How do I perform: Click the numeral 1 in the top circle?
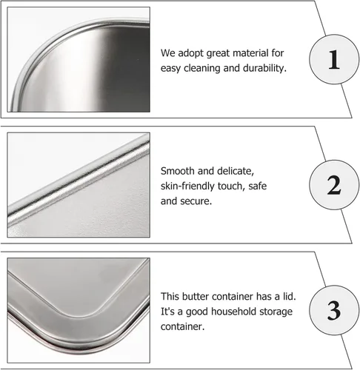click(x=334, y=59)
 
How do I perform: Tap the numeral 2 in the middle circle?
click(x=334, y=185)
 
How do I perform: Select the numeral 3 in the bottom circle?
click(x=334, y=311)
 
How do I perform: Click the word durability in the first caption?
click(x=264, y=68)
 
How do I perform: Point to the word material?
click(x=250, y=53)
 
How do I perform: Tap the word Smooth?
click(x=177, y=171)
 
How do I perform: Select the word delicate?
click(x=236, y=171)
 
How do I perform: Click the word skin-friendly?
click(x=187, y=186)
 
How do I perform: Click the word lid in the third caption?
click(x=289, y=296)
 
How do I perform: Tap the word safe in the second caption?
click(x=258, y=186)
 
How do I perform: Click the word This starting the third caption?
click(x=170, y=296)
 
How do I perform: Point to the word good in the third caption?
click(x=197, y=312)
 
